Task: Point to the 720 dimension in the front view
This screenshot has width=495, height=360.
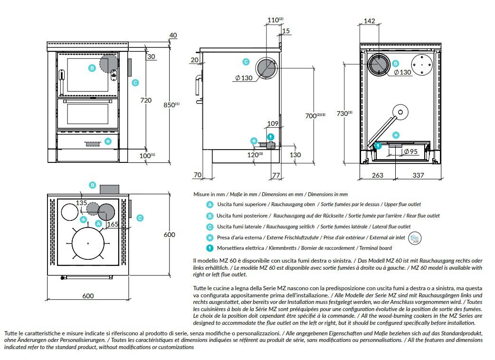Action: point(146,100)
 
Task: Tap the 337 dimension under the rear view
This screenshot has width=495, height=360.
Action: point(418,175)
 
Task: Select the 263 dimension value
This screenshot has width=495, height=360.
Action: point(377,175)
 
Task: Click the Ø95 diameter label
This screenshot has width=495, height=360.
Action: point(410,152)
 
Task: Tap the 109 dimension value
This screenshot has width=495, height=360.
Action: point(273,123)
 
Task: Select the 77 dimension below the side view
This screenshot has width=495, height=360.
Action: point(276,175)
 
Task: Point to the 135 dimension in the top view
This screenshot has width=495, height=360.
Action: point(81,203)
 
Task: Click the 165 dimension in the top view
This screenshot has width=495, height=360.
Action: point(112,223)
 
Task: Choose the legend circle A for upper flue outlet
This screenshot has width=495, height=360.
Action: point(209,205)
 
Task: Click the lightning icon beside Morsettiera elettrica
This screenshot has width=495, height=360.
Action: point(209,247)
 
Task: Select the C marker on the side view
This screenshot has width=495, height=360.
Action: point(246,61)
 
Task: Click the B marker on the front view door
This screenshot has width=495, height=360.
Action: point(92,68)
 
